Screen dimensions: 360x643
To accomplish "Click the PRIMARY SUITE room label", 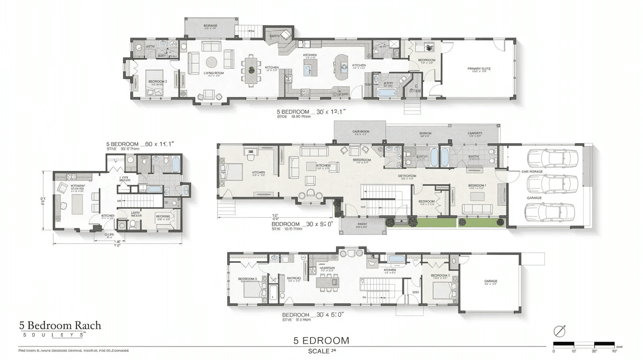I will coord(479,69).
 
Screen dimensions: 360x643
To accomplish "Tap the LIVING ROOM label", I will coord(213,73).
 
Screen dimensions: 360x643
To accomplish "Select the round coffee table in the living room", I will coord(211,62).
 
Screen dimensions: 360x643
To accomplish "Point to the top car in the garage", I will coord(552,157).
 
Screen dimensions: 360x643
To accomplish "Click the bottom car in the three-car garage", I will coord(550,211).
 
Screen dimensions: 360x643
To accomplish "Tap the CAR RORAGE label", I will coord(532,171).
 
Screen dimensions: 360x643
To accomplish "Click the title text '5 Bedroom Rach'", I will coord(60,326).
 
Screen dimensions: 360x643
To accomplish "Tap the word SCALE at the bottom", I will coord(318,351).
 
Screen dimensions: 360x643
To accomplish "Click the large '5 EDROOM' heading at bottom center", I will coord(321,341).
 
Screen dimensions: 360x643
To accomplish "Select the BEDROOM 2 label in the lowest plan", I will coord(247,279).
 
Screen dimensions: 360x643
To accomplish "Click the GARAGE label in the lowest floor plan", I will coord(490,281).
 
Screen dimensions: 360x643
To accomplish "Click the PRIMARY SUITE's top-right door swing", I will coord(499,45).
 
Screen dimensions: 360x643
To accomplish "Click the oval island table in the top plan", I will coord(342,67).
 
